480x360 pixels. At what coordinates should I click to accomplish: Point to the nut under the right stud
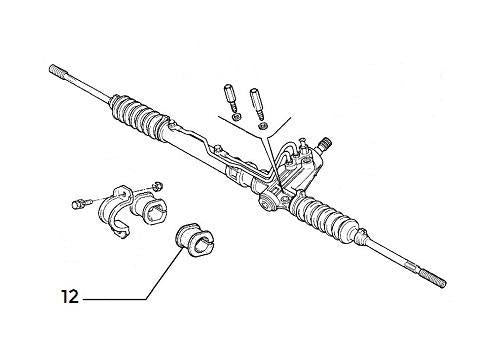(262, 126)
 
